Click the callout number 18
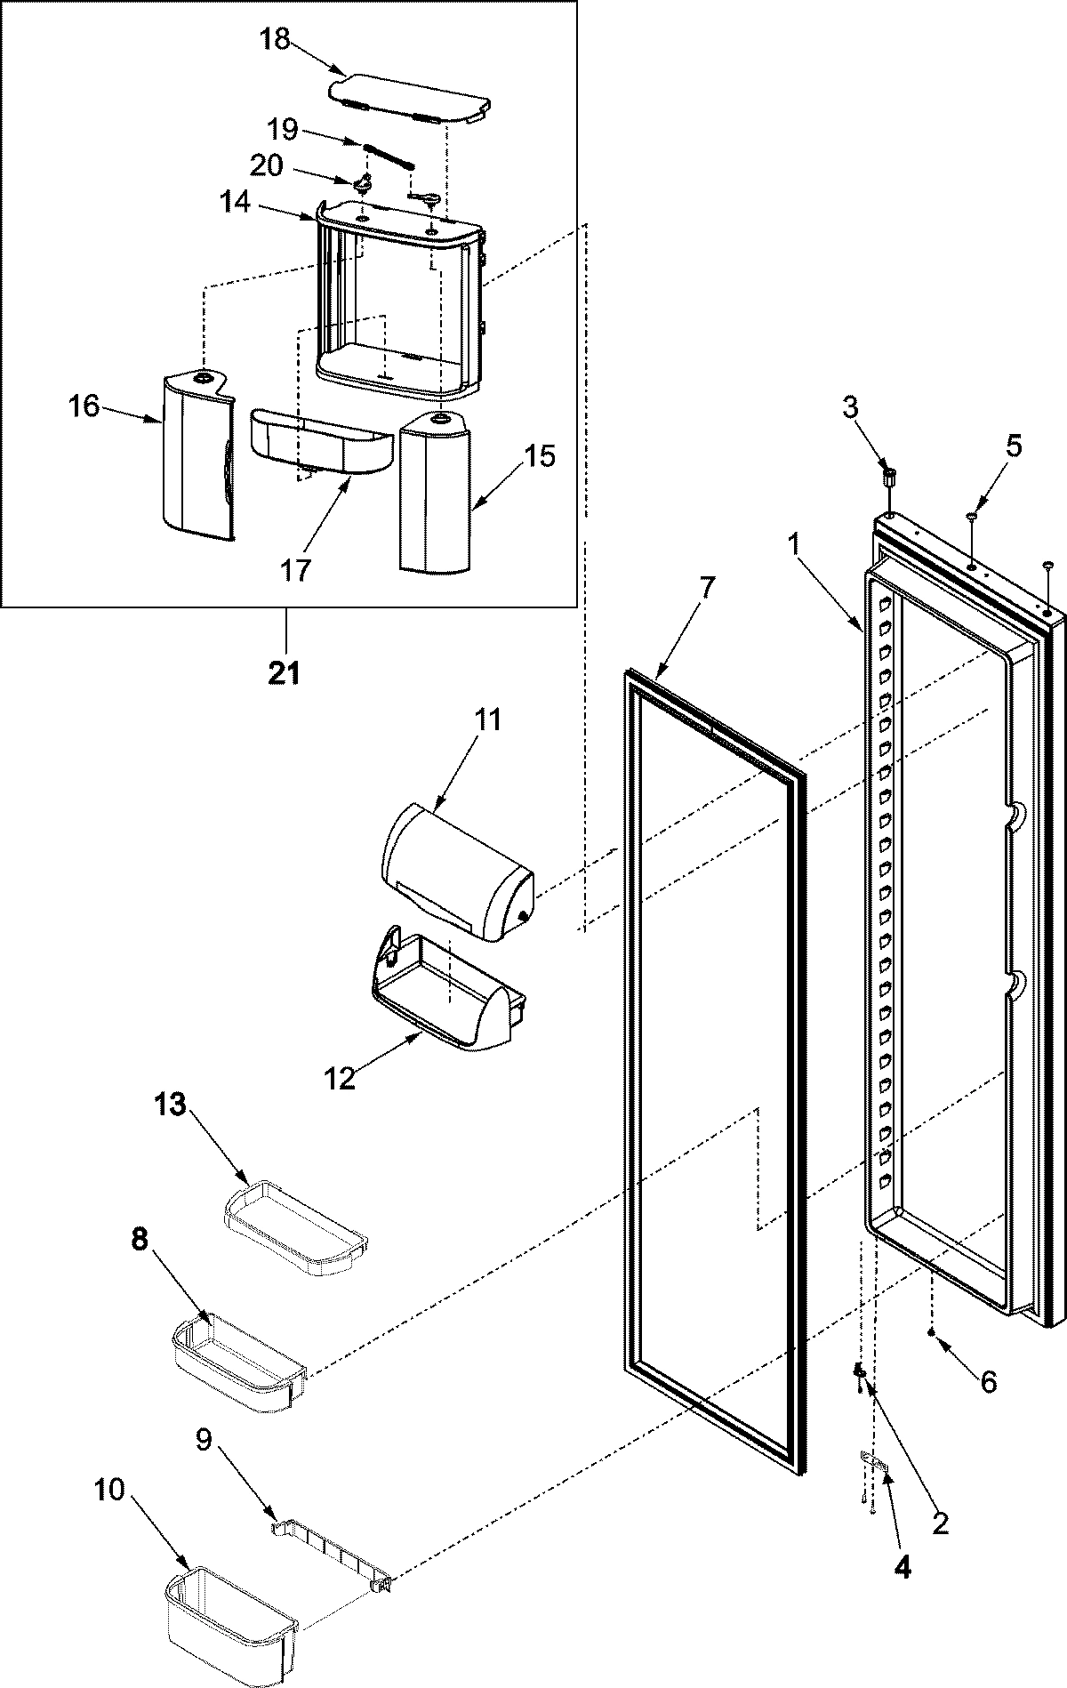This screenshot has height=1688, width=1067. (x=276, y=41)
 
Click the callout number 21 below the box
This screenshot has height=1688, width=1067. (x=285, y=674)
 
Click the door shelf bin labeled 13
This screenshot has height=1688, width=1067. (x=294, y=1219)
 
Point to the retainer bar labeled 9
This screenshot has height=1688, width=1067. (x=330, y=1476)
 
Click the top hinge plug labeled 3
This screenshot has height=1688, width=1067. (x=887, y=475)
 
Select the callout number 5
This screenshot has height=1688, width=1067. (x=1013, y=446)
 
